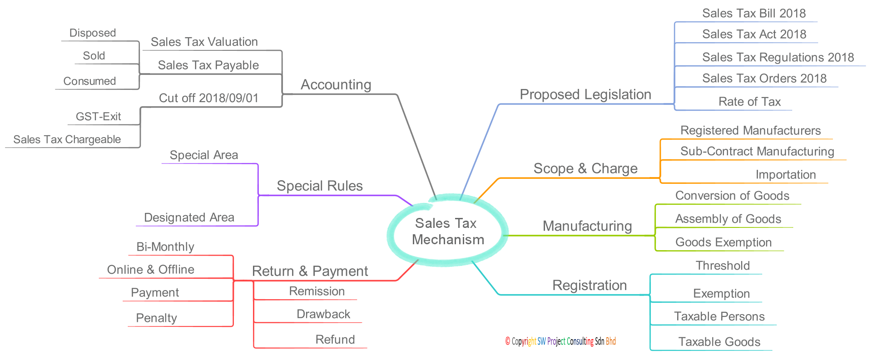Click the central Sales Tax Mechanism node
pyautogui.click(x=447, y=232)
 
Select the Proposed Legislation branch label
pyautogui.click(x=585, y=94)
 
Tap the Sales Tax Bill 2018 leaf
pyautogui.click(x=754, y=14)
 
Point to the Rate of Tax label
pyautogui.click(x=749, y=102)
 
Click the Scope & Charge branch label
pyautogui.click(x=585, y=168)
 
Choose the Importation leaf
pyautogui.click(x=786, y=175)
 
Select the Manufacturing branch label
pyautogui.click(x=587, y=226)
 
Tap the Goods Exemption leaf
pyautogui.click(x=723, y=242)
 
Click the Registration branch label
pyautogui.click(x=590, y=285)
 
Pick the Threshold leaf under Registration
pyautogui.click(x=723, y=266)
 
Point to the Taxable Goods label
pyautogui.click(x=719, y=342)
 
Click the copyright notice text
pyautogui.click(x=560, y=341)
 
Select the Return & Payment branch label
pyautogui.click(x=310, y=271)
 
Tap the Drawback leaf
pyautogui.click(x=323, y=314)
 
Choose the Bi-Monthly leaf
pyautogui.click(x=165, y=247)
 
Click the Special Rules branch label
pyautogui.click(x=320, y=186)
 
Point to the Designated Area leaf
pyautogui.click(x=189, y=217)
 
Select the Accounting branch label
pyautogui.click(x=336, y=84)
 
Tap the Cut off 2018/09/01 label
pyautogui.click(x=209, y=98)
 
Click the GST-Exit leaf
pyautogui.click(x=98, y=117)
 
